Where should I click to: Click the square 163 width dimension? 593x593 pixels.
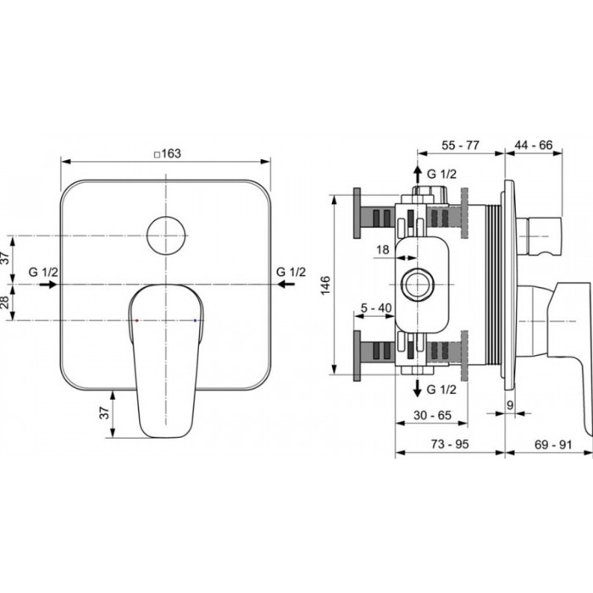coord(168,153)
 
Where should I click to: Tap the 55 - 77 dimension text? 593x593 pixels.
coord(461,146)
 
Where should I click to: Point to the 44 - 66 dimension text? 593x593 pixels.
coord(534,146)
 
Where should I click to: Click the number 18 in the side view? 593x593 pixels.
coord(382,249)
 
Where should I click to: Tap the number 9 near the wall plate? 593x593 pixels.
coord(511,405)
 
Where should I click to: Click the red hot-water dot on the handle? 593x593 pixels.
coord(136,321)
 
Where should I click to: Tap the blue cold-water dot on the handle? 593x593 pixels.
coord(196,321)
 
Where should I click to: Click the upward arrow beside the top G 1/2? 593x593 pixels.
coord(417,177)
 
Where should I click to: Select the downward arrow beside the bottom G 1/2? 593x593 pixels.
coord(417,390)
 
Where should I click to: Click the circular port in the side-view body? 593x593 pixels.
coord(417,285)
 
